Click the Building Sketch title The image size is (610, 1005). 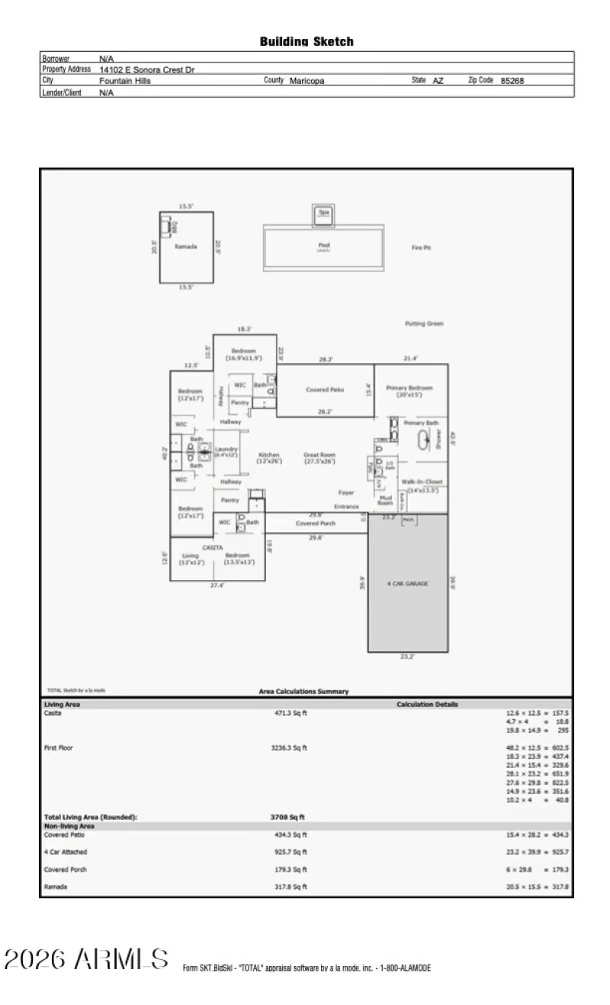click(x=307, y=42)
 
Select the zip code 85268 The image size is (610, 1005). click(x=512, y=80)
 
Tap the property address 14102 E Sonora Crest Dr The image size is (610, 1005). click(x=146, y=69)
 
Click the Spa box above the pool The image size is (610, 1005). click(x=323, y=214)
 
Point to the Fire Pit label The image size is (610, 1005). click(x=421, y=247)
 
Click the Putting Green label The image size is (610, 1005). click(x=424, y=323)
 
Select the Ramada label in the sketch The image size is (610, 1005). click(x=186, y=246)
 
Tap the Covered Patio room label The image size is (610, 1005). click(x=325, y=389)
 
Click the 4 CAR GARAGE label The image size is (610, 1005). click(x=407, y=583)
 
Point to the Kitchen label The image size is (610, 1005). click(x=269, y=458)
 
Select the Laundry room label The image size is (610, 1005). click(x=226, y=452)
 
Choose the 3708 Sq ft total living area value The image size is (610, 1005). click(x=282, y=817)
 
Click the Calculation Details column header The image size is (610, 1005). click(x=427, y=705)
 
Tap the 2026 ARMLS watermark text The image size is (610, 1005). click(x=85, y=960)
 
